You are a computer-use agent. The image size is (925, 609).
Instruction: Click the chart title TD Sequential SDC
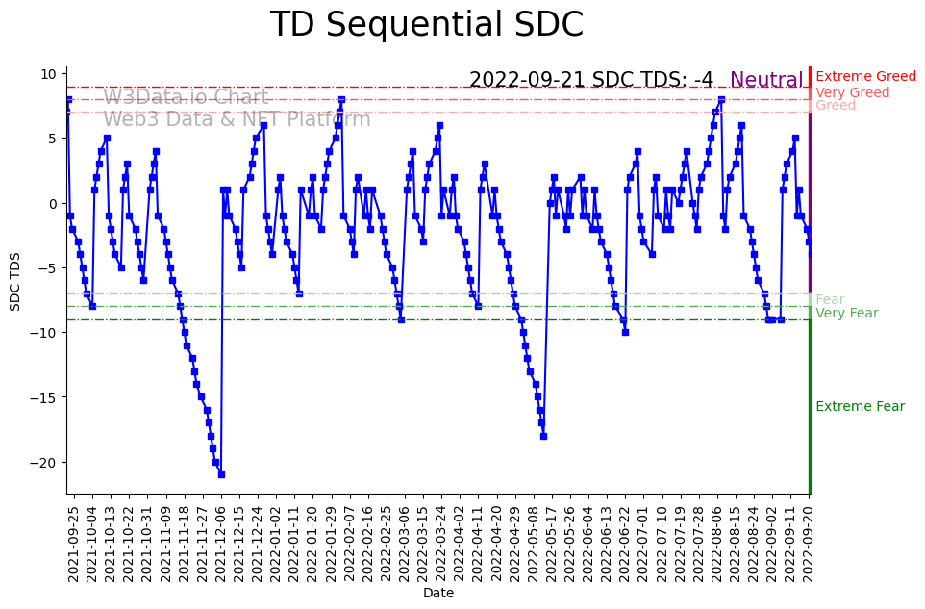[x=426, y=25]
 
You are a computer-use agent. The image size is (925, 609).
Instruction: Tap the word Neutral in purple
[x=766, y=81]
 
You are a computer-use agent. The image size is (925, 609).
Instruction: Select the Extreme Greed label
[x=865, y=76]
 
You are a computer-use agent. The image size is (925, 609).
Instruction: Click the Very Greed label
[x=852, y=92]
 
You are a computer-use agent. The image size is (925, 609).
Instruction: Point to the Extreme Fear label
[x=860, y=406]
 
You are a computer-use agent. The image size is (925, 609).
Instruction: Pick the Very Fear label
[x=846, y=313]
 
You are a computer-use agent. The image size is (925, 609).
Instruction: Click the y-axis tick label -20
[x=45, y=462]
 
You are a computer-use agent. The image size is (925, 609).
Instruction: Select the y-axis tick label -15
[x=45, y=397]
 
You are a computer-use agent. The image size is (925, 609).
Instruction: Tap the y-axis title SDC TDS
[x=14, y=280]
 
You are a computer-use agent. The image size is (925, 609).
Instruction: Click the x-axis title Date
[x=437, y=594]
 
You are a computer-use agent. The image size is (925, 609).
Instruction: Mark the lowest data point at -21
[x=221, y=474]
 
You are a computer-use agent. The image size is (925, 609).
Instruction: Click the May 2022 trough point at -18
[x=543, y=436]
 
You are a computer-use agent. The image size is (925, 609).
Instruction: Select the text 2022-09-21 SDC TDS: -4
[x=590, y=80]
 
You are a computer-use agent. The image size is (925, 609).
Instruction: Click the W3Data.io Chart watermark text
[x=186, y=97]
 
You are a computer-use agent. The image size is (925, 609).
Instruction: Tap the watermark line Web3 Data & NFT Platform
[x=237, y=119]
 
